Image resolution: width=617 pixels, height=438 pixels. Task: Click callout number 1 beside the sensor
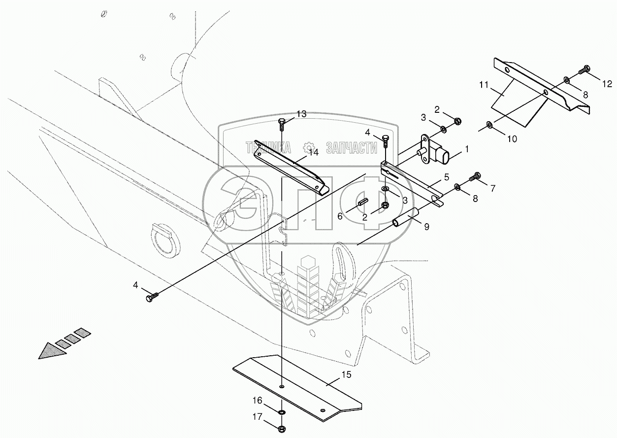click(x=466, y=148)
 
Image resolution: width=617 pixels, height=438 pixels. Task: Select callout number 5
click(x=446, y=176)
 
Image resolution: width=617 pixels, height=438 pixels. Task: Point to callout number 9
click(x=426, y=227)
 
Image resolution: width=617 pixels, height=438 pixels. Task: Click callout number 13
click(x=301, y=114)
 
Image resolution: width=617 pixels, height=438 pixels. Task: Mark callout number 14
click(x=314, y=152)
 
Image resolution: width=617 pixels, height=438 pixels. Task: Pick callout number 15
click(x=346, y=374)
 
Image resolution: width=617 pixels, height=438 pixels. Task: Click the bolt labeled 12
click(x=585, y=69)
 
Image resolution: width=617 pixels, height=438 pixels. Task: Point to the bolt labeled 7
click(x=476, y=175)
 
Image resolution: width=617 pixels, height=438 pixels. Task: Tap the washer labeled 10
click(x=488, y=124)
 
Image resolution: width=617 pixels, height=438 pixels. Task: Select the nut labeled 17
click(x=282, y=428)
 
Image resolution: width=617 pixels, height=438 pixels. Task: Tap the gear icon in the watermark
click(x=309, y=147)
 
